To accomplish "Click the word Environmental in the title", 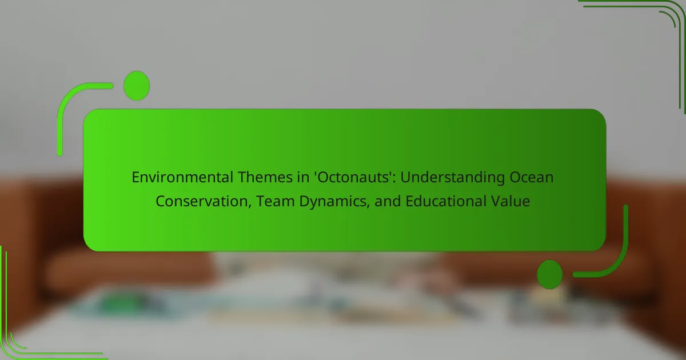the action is pyautogui.click(x=182, y=177).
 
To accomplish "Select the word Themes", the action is pyautogui.click(x=265, y=177).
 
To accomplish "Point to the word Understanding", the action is pyautogui.click(x=452, y=178).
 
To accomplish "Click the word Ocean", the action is pyautogui.click(x=531, y=177).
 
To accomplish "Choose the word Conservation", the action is pyautogui.click(x=202, y=201).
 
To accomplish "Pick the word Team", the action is pyautogui.click(x=276, y=201).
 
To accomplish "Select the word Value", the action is pyautogui.click(x=510, y=201).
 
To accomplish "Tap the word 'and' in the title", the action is pyautogui.click(x=388, y=201).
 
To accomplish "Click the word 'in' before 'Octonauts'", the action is pyautogui.click(x=303, y=177).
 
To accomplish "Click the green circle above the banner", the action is pyautogui.click(x=137, y=86).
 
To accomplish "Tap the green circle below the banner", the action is pyautogui.click(x=550, y=274).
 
